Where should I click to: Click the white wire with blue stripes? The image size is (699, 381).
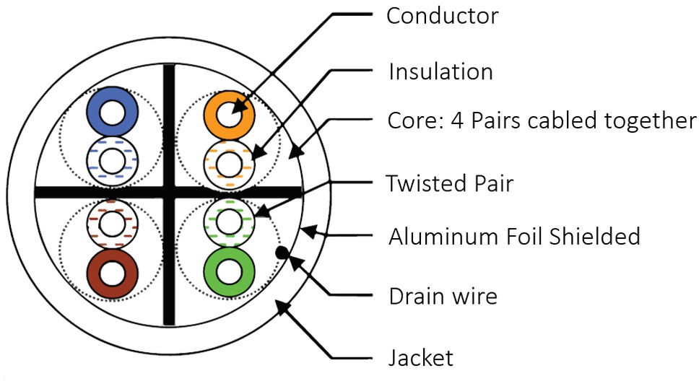[x=113, y=160]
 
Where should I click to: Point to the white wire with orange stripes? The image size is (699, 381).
[x=229, y=160]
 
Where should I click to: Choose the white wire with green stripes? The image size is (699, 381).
[x=230, y=221]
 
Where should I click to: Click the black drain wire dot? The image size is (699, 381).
[x=282, y=252]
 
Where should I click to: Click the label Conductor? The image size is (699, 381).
[x=442, y=16]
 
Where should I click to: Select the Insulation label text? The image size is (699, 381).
[x=440, y=71]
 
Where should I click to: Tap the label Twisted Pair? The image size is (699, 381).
[x=449, y=183]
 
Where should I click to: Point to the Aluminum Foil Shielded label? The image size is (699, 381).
[x=514, y=236]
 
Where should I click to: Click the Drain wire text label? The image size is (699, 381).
[x=443, y=296]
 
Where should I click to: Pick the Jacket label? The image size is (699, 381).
[x=420, y=357]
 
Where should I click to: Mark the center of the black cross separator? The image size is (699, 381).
[x=168, y=192]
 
